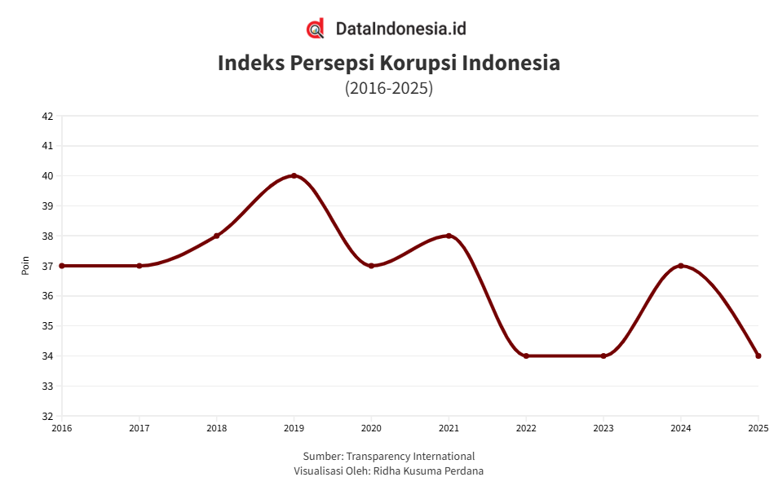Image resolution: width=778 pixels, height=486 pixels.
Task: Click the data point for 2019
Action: pyautogui.click(x=294, y=175)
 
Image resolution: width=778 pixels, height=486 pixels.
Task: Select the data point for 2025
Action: pyautogui.click(x=758, y=356)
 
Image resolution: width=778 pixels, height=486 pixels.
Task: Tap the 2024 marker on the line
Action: pyautogui.click(x=681, y=266)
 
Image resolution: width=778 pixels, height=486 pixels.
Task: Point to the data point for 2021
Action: pyautogui.click(x=449, y=236)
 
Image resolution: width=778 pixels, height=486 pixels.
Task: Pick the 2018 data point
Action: pyautogui.click(x=216, y=236)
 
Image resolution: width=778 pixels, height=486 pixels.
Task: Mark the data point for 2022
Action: pyautogui.click(x=526, y=356)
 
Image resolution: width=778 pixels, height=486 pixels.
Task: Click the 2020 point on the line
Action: pyautogui.click(x=371, y=266)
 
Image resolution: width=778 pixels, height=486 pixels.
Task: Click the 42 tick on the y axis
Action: pyautogui.click(x=47, y=116)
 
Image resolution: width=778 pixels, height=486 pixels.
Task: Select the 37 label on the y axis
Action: pyautogui.click(x=47, y=266)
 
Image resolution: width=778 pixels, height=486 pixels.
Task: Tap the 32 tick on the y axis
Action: pyautogui.click(x=47, y=416)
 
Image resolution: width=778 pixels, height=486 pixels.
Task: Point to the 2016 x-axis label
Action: pyautogui.click(x=62, y=427)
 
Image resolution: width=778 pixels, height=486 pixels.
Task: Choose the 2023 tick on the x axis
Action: pyautogui.click(x=603, y=427)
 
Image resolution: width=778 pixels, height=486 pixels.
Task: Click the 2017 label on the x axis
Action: pyautogui.click(x=139, y=427)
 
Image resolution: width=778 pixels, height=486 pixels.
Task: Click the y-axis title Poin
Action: pyautogui.click(x=25, y=266)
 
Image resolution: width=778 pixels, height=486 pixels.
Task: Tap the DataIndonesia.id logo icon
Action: pyautogui.click(x=316, y=29)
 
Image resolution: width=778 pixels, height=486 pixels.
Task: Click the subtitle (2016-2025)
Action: pyautogui.click(x=389, y=87)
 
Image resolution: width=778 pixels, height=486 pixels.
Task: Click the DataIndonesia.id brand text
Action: pyautogui.click(x=401, y=29)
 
